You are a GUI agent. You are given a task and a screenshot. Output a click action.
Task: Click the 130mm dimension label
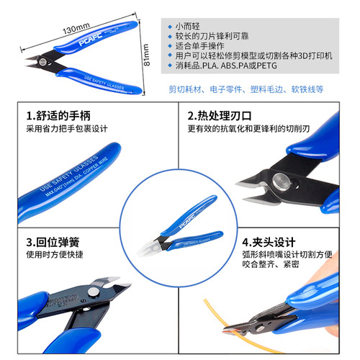(75, 30)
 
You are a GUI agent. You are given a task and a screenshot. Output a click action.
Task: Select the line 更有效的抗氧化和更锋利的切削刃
(248, 130)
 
